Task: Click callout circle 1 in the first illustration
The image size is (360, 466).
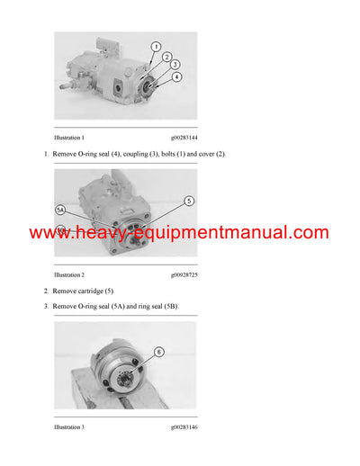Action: pos(156,46)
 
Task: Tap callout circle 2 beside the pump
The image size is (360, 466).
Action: pos(166,57)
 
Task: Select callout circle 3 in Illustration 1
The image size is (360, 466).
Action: pos(175,66)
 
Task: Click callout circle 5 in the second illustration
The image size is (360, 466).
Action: pos(189,201)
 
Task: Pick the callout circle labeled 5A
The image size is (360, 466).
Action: pos(62,210)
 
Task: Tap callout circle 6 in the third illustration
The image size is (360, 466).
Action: pos(158,352)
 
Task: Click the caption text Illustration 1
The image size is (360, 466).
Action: pos(69,138)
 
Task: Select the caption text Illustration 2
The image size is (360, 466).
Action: pos(69,273)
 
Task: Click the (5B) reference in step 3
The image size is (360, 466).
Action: pos(171,307)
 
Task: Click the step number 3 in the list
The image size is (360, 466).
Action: pos(46,307)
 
